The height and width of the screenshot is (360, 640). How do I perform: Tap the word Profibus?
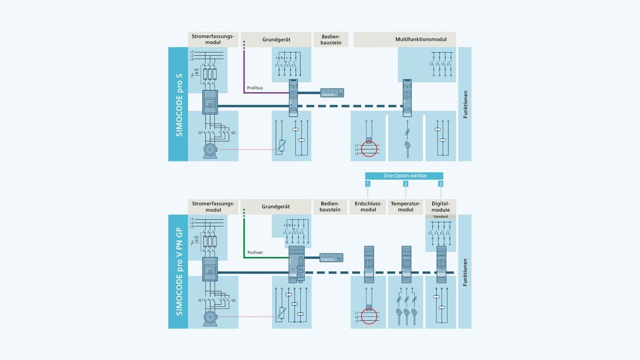pos(255,88)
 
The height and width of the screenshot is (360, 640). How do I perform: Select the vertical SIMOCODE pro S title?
pos(179,104)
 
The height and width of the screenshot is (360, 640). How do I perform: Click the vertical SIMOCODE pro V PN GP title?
pos(179,271)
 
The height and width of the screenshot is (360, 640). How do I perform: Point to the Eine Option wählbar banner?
pos(404,176)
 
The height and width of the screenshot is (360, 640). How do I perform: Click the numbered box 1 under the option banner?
pos(368,184)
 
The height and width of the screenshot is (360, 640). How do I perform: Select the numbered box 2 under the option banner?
pos(405,184)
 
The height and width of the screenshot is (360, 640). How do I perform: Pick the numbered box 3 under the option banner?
pos(440,184)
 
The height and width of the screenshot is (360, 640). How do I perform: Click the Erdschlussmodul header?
pos(368,206)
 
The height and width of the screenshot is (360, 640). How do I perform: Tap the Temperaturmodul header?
pos(405,206)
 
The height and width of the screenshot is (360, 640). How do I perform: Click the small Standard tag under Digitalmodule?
pos(440,217)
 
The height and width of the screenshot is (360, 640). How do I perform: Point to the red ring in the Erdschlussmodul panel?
pos(369,316)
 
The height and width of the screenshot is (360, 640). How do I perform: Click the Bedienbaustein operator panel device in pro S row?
pos(332,93)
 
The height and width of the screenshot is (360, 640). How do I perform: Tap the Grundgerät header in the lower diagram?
pos(276,206)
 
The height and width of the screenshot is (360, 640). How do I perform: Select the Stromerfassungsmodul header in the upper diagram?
pos(213,39)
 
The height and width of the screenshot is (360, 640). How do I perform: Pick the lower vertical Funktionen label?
pos(465,272)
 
